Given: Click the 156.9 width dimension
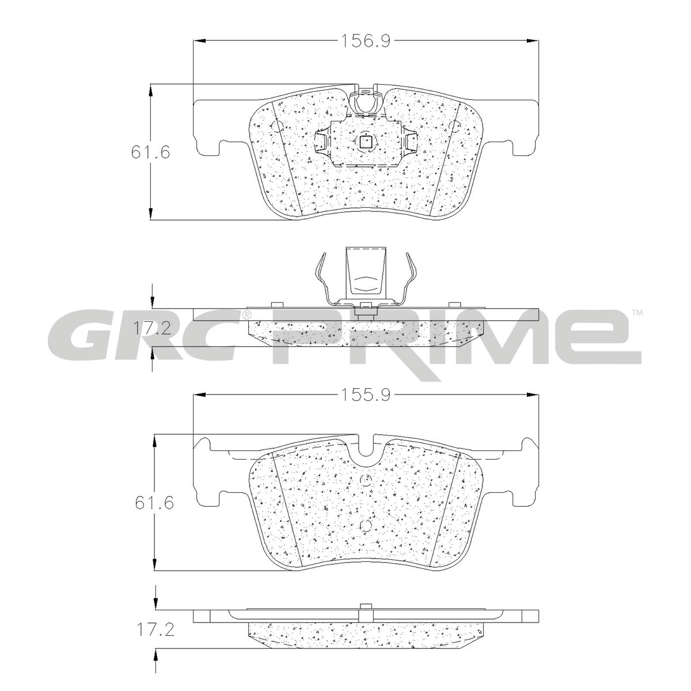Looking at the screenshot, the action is (365, 41).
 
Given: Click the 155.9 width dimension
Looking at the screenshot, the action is (365, 395).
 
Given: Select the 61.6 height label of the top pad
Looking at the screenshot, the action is (150, 153).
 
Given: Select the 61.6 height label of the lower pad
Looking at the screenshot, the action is (154, 503).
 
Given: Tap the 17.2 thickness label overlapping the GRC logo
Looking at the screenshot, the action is (151, 328).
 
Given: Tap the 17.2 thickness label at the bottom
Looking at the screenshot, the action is (155, 639).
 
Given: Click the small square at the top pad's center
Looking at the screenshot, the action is (366, 142).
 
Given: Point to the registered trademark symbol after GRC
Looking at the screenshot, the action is (246, 315).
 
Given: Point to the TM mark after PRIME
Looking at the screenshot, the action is (637, 313).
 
